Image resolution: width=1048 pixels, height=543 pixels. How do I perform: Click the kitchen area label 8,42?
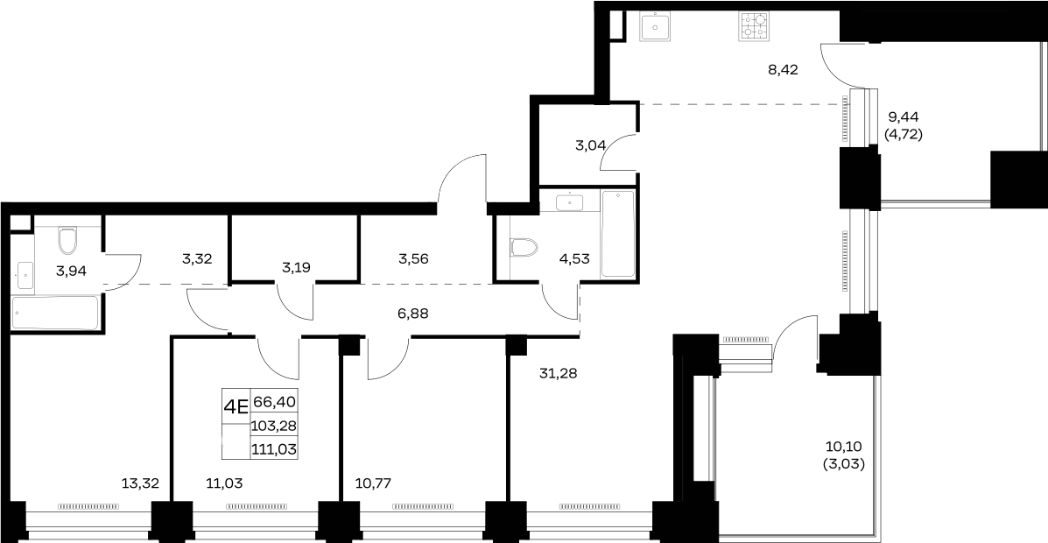784,69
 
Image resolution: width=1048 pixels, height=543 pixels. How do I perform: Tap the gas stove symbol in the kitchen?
753,26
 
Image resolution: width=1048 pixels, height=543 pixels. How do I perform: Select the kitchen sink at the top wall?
655,27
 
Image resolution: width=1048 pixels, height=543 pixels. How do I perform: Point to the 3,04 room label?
591,145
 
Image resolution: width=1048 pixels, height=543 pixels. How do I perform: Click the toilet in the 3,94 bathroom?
68,241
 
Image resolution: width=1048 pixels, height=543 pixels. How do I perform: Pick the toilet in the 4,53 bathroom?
524,248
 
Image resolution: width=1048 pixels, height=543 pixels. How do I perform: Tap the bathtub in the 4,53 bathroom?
617,233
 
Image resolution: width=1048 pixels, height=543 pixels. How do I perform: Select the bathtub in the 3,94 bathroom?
55,313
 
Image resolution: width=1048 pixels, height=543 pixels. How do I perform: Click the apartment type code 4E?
236,405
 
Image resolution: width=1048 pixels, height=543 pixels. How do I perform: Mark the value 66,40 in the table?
274,402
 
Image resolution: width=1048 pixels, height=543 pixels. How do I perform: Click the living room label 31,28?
558,374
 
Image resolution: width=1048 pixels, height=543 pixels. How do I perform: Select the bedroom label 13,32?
140,483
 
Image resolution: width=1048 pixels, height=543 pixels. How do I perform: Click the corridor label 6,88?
412,313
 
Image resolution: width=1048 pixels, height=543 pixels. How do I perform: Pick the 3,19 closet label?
296,268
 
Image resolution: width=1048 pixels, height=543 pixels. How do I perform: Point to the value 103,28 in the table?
274,426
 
